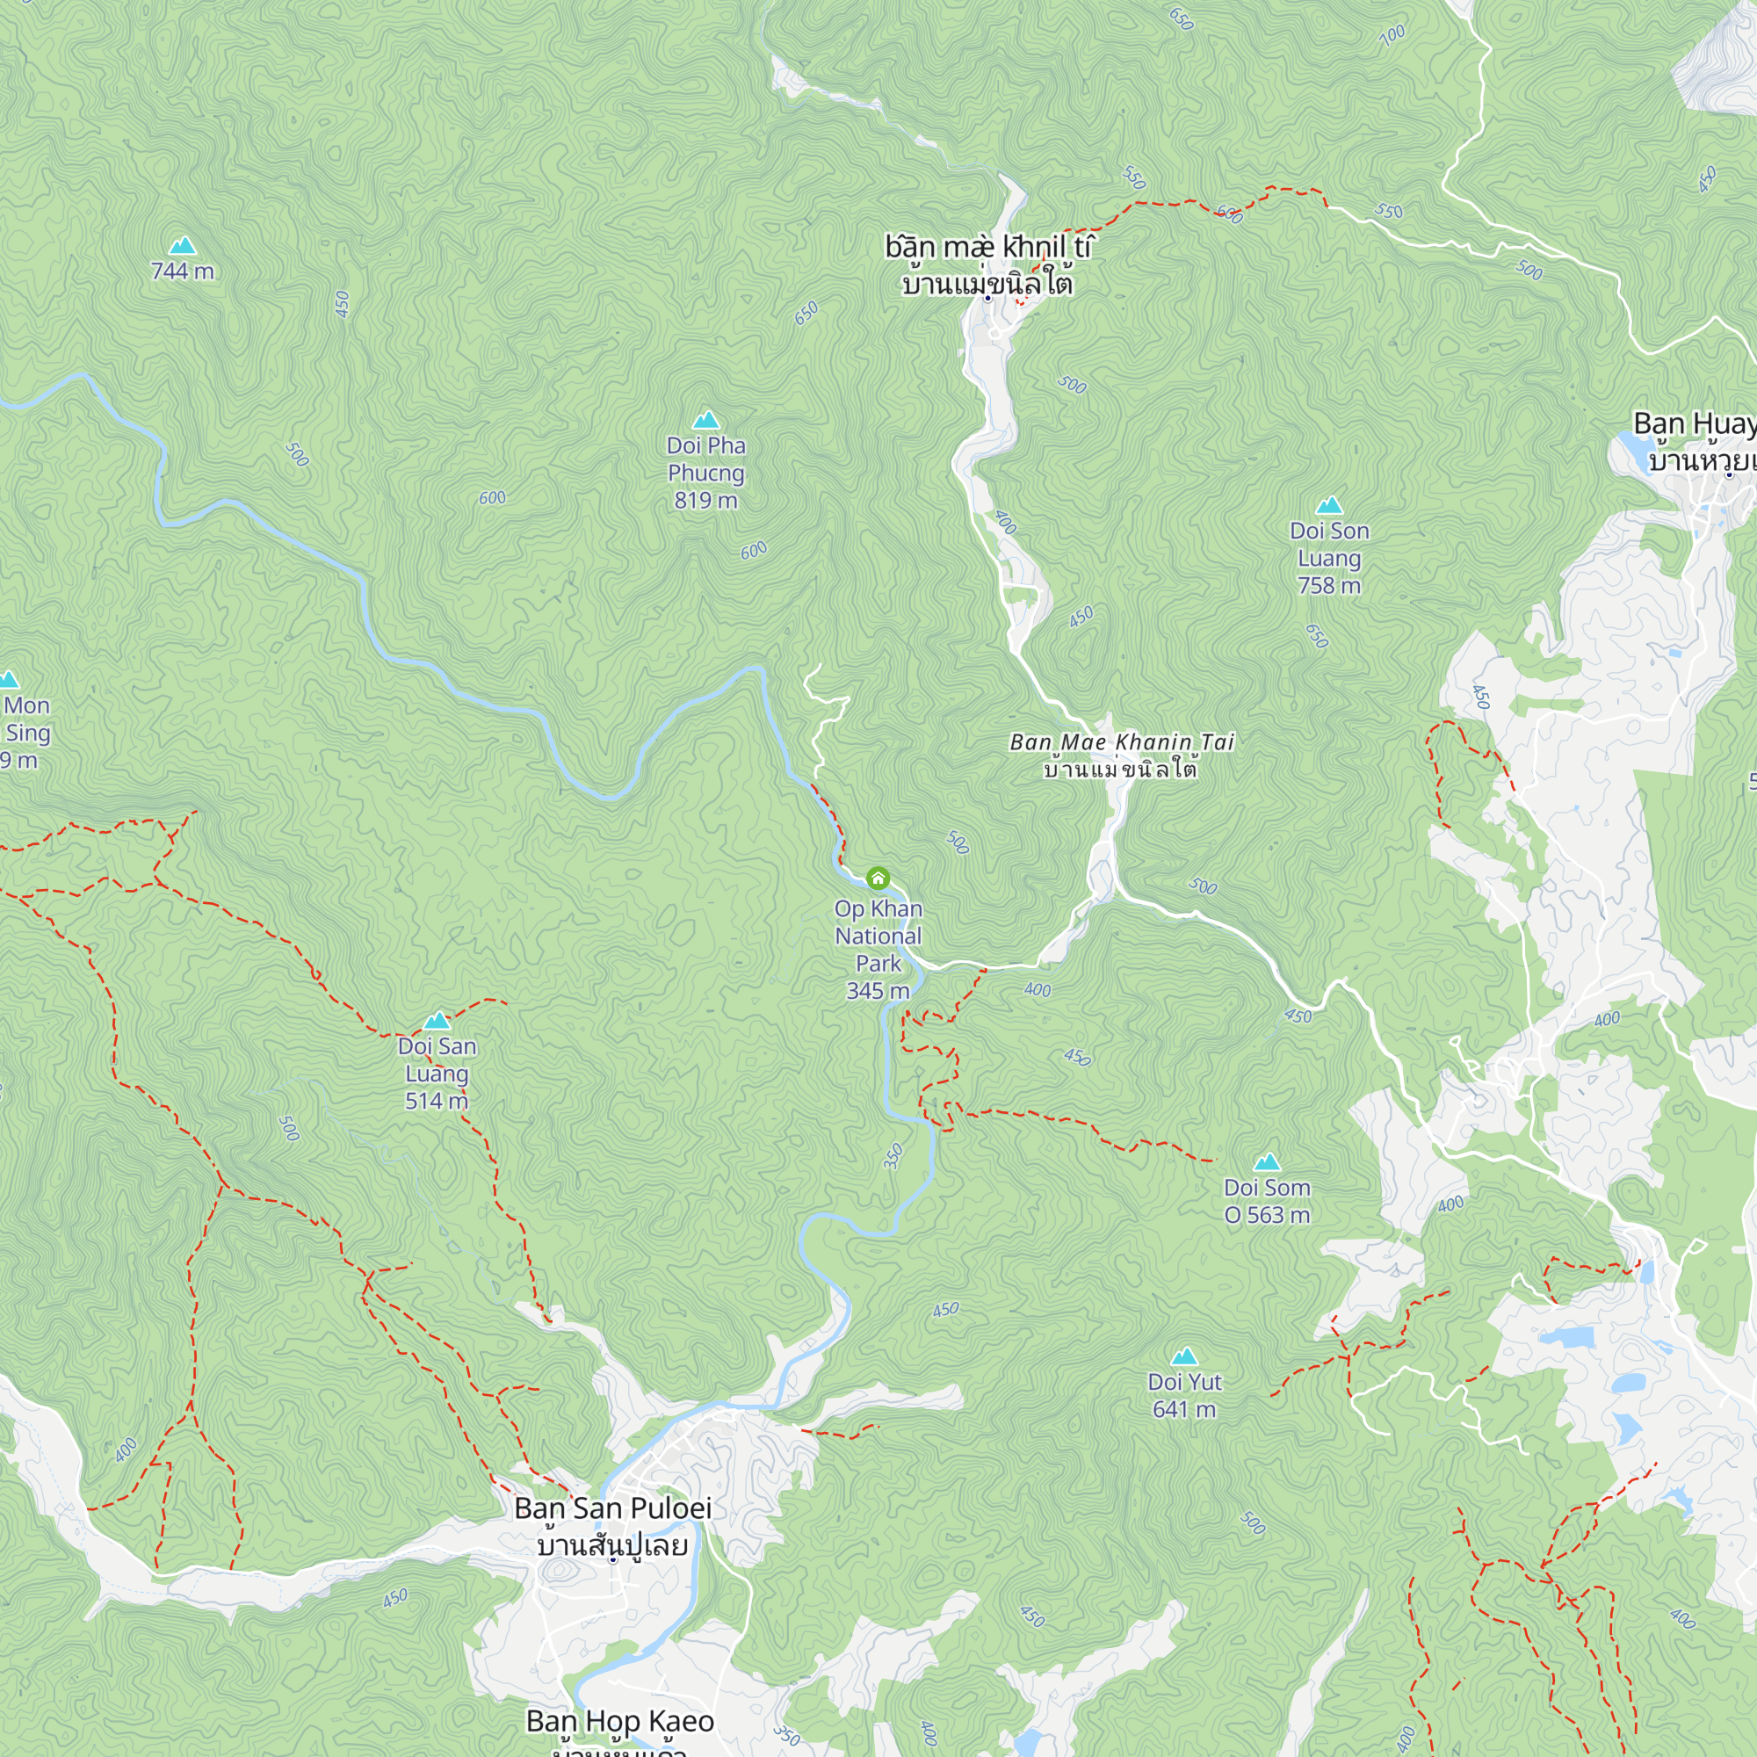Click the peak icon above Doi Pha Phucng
coord(705,420)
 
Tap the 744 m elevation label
coord(183,271)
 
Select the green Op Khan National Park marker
coord(878,878)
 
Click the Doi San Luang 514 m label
coord(437,1074)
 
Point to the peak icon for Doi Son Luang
coord(1329,506)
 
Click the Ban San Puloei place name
coord(613,1508)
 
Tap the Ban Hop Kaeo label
coord(620,1721)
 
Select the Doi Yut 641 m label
coord(1184,1395)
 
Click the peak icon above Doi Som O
coord(1267,1162)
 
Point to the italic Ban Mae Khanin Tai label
coord(1122,742)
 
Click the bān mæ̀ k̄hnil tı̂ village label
coord(987,248)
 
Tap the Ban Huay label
coord(1694,423)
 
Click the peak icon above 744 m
coord(183,246)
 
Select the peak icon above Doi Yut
coord(1183,1357)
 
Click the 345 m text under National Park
coord(878,991)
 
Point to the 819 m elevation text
coord(705,500)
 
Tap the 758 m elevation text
coord(1329,586)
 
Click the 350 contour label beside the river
coord(893,1155)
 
